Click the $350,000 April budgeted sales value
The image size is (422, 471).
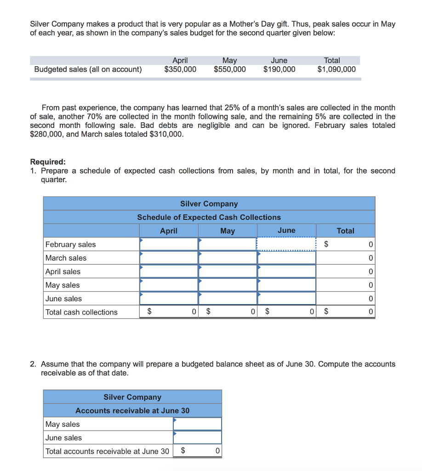(180, 69)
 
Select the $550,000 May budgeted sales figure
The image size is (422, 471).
(229, 69)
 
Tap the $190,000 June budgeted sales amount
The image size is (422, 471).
(279, 69)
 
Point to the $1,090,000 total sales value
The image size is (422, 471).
(336, 69)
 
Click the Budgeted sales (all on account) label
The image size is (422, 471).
(88, 69)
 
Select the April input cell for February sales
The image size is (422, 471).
(169, 244)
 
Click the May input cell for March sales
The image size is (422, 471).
(228, 258)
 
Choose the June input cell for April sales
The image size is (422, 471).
(286, 271)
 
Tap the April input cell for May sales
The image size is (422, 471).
(169, 285)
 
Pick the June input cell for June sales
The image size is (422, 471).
(286, 299)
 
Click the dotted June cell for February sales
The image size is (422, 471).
(286, 244)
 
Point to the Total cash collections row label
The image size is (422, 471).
(81, 312)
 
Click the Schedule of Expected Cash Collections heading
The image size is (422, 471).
(209, 217)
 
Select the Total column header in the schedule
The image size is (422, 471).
(345, 231)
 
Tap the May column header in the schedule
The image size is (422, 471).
(228, 231)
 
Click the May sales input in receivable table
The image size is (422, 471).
(197, 424)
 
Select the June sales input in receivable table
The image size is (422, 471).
(197, 438)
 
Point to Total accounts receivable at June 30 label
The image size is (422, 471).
(107, 451)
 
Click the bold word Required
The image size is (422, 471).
(48, 162)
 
